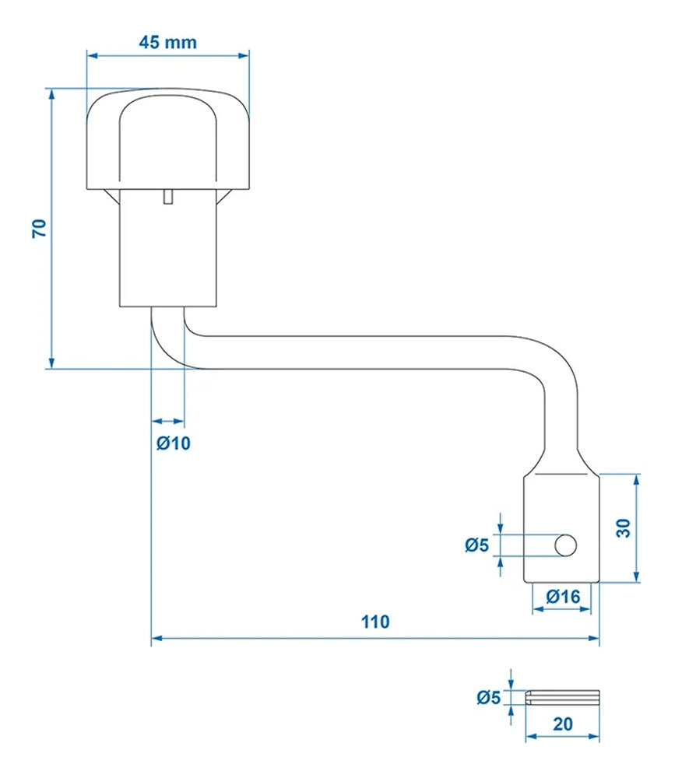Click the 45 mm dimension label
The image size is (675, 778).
[167, 42]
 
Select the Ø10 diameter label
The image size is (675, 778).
[173, 444]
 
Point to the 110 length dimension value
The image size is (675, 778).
[374, 622]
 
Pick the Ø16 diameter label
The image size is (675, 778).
[562, 597]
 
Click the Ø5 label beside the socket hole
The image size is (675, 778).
[476, 545]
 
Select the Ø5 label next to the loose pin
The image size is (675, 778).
[488, 697]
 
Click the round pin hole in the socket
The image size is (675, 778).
[565, 545]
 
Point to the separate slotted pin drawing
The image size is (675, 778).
[562, 697]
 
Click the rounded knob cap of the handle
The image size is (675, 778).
[167, 140]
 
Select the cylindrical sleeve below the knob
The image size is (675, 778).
[167, 249]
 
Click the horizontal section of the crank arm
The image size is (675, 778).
[366, 352]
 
